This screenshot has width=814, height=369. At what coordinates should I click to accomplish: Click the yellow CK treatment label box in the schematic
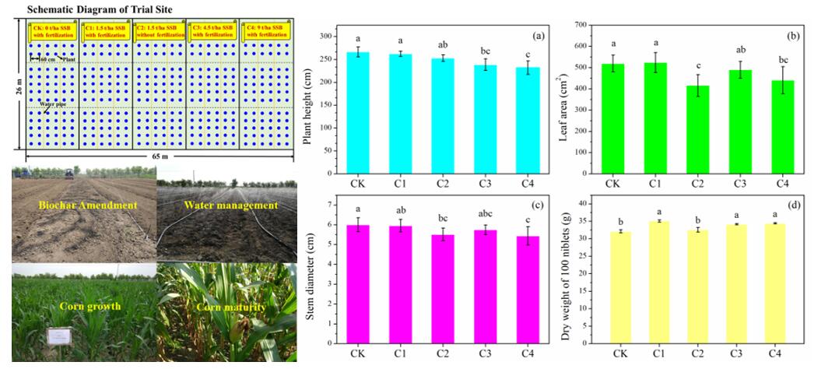51,32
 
